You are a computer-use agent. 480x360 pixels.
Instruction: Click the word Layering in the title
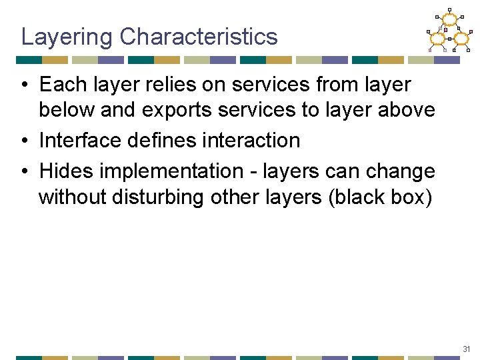[x=67, y=37]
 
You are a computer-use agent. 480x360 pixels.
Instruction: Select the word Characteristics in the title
[x=199, y=37]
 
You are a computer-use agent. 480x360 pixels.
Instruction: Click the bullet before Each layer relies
[x=23, y=85]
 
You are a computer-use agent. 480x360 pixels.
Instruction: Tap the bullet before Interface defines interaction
[x=23, y=141]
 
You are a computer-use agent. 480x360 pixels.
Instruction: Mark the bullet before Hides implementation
[x=23, y=171]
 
